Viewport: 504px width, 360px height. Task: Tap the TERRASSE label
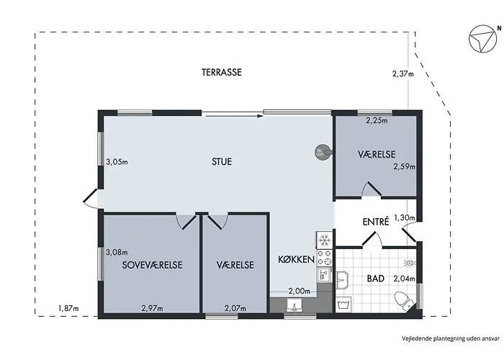pyautogui.click(x=221, y=73)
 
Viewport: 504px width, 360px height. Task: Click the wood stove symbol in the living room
pyautogui.click(x=321, y=152)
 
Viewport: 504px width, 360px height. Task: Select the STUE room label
pyautogui.click(x=221, y=162)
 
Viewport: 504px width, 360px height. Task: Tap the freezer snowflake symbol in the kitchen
pyautogui.click(x=324, y=238)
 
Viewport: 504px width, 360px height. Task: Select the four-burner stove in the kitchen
pyautogui.click(x=324, y=256)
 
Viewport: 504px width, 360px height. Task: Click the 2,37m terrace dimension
pyautogui.click(x=404, y=73)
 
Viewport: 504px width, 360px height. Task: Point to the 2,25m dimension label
pyautogui.click(x=376, y=121)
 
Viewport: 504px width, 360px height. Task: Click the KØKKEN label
pyautogui.click(x=296, y=259)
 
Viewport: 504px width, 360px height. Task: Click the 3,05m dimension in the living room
pyautogui.click(x=117, y=162)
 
